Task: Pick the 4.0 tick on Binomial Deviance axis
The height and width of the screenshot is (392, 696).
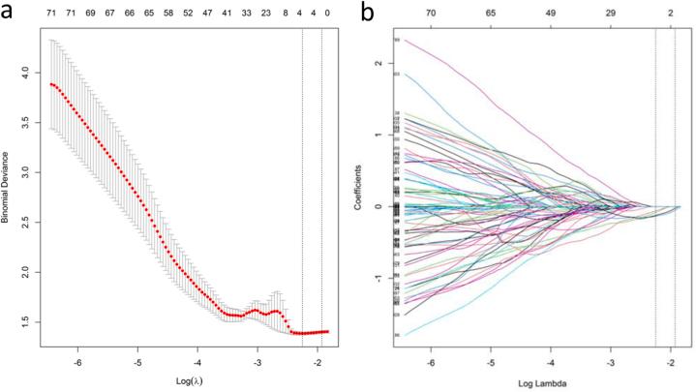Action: [x=32, y=71]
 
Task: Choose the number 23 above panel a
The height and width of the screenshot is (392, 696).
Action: [x=265, y=16]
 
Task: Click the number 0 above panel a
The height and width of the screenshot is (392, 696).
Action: [x=327, y=16]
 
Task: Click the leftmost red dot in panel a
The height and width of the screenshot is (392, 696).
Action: [x=51, y=83]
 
